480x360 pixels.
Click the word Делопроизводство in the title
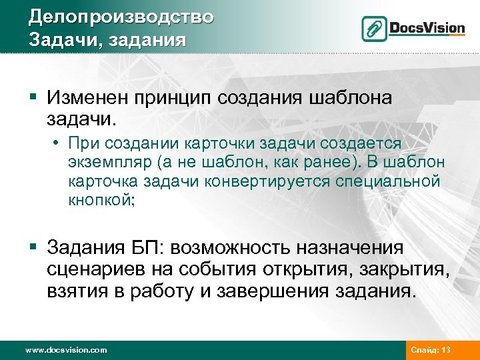(121, 16)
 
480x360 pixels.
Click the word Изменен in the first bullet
(89, 99)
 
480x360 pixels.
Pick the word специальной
(401, 181)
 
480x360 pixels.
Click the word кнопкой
(101, 200)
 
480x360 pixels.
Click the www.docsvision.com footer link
(65, 349)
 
